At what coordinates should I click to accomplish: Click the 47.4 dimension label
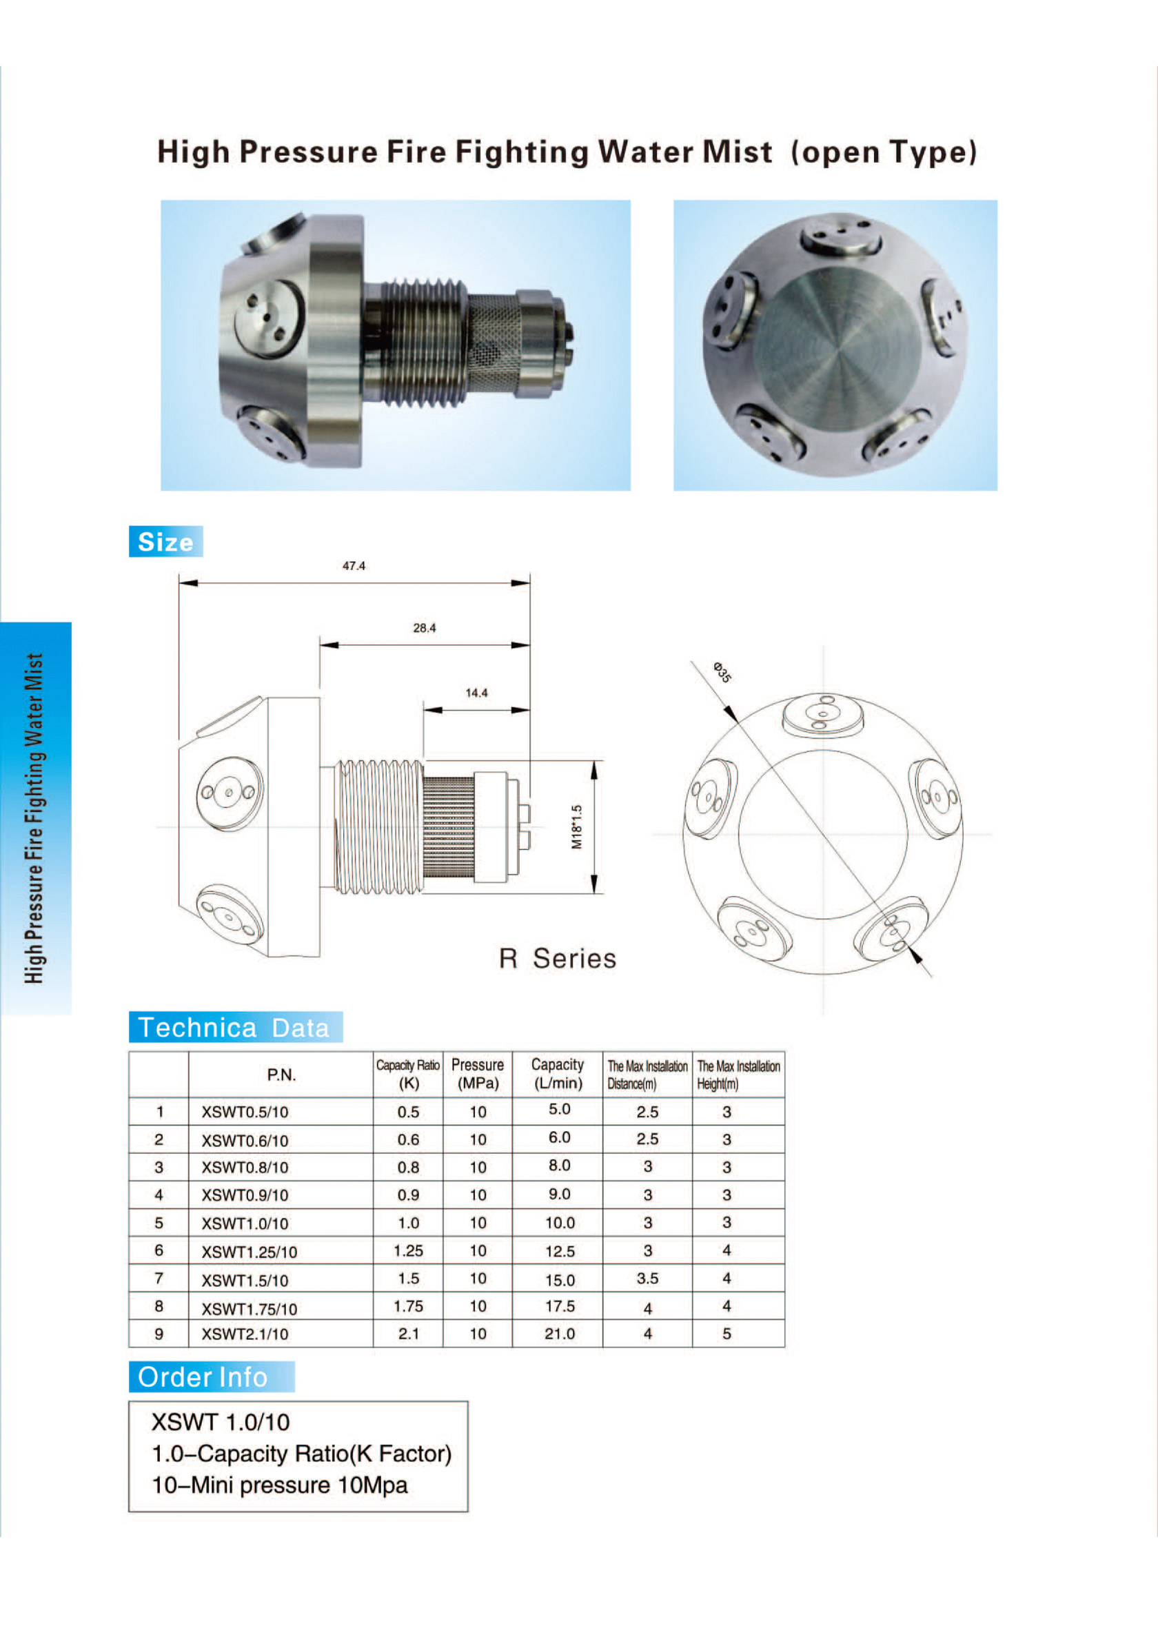click(354, 566)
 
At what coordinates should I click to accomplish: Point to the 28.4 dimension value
click(425, 628)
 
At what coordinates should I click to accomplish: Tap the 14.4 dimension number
click(476, 693)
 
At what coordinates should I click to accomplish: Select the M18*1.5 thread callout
click(577, 827)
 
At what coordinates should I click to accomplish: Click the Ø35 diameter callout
click(722, 672)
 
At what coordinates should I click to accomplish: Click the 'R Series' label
click(557, 959)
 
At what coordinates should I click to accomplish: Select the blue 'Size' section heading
click(165, 542)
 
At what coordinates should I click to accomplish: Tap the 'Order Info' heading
click(203, 1376)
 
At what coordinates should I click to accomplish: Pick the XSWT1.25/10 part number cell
click(249, 1252)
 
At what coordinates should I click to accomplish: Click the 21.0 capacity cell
click(559, 1333)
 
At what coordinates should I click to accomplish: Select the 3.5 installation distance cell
click(647, 1279)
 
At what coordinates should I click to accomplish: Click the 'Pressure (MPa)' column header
click(477, 1074)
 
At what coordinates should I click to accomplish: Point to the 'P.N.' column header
click(281, 1075)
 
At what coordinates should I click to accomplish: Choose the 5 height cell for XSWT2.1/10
click(727, 1333)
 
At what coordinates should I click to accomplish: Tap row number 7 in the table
click(159, 1279)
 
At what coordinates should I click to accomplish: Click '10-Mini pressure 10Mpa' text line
click(280, 1485)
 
